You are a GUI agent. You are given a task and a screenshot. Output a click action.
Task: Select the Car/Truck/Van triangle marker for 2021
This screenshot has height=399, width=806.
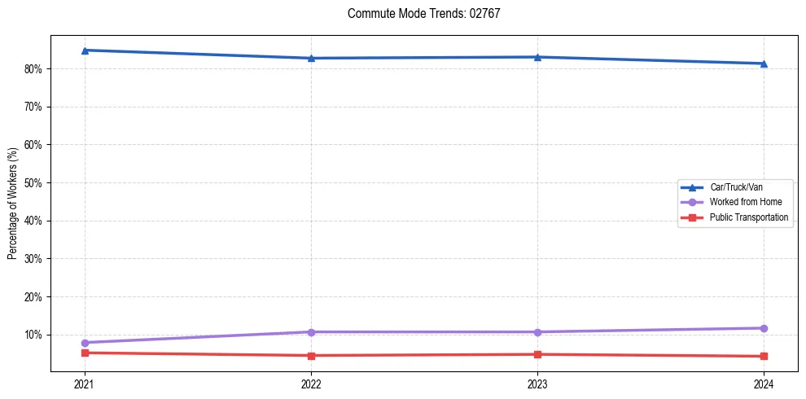85,50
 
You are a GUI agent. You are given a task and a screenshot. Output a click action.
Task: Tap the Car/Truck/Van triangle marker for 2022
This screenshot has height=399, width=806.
311,59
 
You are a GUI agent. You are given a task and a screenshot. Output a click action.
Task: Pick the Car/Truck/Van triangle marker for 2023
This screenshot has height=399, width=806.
537,57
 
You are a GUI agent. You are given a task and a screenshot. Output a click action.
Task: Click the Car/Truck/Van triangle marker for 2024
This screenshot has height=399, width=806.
764,64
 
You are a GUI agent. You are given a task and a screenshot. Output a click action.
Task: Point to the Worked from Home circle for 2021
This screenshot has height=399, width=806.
85,343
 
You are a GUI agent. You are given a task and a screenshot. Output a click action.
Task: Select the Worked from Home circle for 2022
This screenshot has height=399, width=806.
311,332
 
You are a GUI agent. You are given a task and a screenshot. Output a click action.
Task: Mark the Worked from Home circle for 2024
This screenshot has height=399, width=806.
764,328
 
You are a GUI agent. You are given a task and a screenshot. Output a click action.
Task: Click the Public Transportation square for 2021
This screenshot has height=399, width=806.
85,353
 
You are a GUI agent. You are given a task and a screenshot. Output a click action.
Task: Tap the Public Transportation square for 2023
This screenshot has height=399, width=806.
537,354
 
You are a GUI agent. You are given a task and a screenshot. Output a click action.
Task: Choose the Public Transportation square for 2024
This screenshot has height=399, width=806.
764,356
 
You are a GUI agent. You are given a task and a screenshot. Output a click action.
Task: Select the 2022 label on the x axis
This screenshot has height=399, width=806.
311,384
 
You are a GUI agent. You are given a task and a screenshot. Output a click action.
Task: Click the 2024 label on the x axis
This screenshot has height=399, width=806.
764,384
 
